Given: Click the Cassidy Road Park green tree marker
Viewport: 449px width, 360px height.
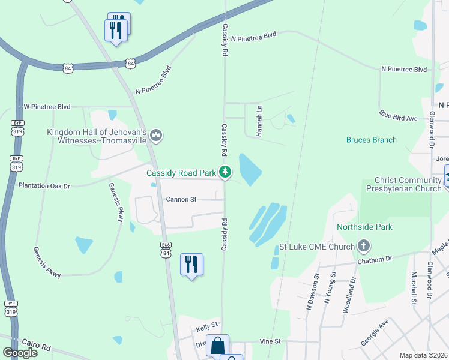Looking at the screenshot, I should pyautogui.click(x=225, y=173).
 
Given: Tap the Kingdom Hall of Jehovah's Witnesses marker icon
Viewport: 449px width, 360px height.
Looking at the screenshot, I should pyautogui.click(x=157, y=136).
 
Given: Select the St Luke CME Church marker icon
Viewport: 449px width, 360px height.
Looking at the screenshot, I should pyautogui.click(x=363, y=246).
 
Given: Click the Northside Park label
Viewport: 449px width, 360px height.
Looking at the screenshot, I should pyautogui.click(x=364, y=227).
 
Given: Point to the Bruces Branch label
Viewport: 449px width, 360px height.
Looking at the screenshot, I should pyautogui.click(x=371, y=140).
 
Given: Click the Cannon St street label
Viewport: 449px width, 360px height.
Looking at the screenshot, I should pyautogui.click(x=181, y=199).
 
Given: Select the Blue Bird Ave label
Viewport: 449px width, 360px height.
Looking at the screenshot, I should pyautogui.click(x=397, y=115).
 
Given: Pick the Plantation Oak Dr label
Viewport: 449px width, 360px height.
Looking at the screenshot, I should pyautogui.click(x=44, y=186).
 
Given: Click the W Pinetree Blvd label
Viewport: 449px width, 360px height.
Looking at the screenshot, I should pyautogui.click(x=47, y=107).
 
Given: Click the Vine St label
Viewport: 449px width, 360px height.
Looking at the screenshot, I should pyautogui.click(x=270, y=341).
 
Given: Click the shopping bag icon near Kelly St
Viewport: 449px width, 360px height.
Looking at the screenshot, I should pyautogui.click(x=217, y=346).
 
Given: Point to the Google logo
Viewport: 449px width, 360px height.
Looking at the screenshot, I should pyautogui.click(x=20, y=353).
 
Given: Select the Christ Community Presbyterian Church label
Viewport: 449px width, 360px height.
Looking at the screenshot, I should pyautogui.click(x=408, y=184).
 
